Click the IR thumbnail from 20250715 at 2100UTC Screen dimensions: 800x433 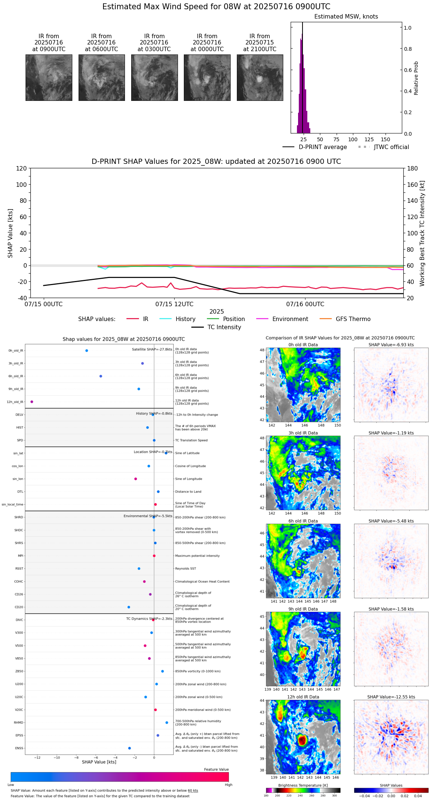tap(260, 77)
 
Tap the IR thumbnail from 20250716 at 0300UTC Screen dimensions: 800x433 tap(154, 77)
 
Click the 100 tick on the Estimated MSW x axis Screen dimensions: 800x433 tap(353, 139)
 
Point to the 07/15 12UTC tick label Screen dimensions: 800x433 tap(174, 304)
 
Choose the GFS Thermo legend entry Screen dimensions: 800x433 tap(353, 319)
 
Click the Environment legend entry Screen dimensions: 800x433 tap(290, 319)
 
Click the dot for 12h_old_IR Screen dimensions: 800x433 tap(32, 402)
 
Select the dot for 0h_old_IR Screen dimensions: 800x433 tap(87, 351)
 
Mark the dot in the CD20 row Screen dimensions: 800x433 tap(129, 607)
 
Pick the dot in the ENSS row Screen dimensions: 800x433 tap(129, 748)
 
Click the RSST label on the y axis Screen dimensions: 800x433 tap(19, 569)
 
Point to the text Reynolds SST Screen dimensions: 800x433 tap(185, 569)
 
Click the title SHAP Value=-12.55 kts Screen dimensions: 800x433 tap(391, 697)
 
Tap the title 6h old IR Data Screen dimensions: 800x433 tap(303, 521)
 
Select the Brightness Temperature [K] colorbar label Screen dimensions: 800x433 tap(303, 785)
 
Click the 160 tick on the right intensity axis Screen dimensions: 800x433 tap(413, 185)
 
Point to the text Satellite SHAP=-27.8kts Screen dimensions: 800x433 tap(152, 350)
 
